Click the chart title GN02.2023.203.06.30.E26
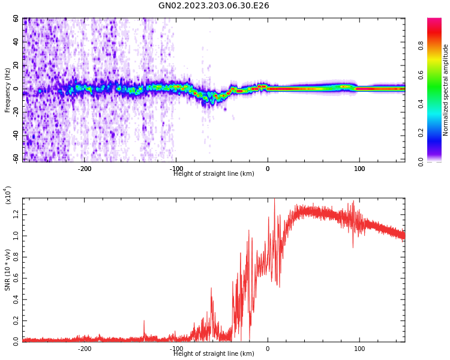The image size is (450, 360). tap(214, 6)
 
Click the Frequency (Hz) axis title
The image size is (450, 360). tap(8, 90)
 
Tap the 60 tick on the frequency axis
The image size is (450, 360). tap(16, 19)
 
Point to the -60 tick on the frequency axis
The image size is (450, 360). tap(15, 158)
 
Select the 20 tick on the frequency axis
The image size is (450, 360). tap(16, 65)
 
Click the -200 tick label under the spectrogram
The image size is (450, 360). tap(84, 169)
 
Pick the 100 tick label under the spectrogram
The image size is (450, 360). tap(359, 169)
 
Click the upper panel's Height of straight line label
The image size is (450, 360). tap(214, 174)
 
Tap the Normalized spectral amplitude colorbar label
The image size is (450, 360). tap(446, 90)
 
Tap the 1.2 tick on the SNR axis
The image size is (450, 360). tap(16, 214)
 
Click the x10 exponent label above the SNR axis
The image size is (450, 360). tap(8, 195)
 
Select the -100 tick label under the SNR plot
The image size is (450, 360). tap(176, 349)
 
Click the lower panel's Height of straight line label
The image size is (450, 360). tap(214, 354)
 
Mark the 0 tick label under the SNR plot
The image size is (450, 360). tap(268, 349)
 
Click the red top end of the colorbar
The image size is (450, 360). tap(434, 21)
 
